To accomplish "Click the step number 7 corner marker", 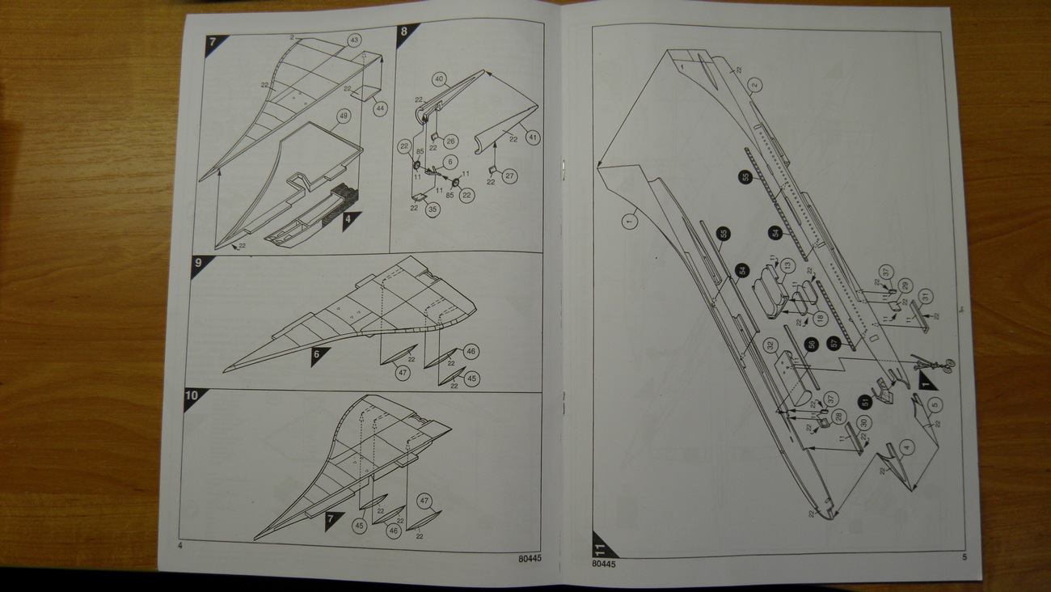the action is pos(213,43).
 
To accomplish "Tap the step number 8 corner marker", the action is pos(405,33).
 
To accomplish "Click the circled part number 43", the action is pos(354,40).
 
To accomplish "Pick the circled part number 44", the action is pos(379,107).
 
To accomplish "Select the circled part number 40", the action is pos(439,79).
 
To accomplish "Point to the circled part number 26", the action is pos(451,142).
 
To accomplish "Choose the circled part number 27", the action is pos(509,175).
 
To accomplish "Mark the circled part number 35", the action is pos(433,209).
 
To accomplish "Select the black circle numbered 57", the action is pos(835,345).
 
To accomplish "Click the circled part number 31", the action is pos(926,295).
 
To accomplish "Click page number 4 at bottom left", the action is pos(179,546).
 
